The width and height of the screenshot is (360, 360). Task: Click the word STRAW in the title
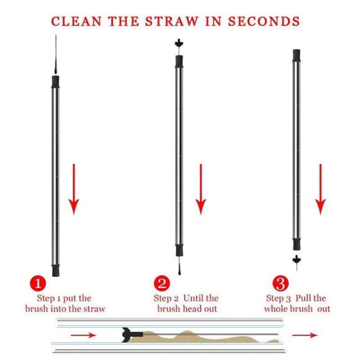(x=171, y=21)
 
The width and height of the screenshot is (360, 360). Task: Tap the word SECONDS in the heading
(x=264, y=21)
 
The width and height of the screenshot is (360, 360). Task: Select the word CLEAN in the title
(x=76, y=21)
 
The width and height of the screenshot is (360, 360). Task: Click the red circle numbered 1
(x=38, y=283)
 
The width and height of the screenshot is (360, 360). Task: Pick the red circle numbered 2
(x=162, y=283)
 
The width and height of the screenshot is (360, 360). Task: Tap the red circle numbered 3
(x=280, y=283)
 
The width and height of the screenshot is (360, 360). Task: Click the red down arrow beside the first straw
(x=74, y=189)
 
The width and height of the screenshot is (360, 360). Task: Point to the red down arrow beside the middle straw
(x=201, y=189)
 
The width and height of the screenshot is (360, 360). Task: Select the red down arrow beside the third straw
(x=320, y=189)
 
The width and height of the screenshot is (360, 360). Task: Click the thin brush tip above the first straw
(x=56, y=54)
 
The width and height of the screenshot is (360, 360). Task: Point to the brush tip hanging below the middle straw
(x=179, y=266)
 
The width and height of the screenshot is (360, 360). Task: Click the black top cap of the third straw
(x=297, y=55)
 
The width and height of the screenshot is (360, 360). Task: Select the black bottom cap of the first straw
(x=55, y=270)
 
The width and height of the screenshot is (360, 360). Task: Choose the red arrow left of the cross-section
(x=83, y=335)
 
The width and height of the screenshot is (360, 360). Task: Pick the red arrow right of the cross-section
(x=305, y=335)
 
